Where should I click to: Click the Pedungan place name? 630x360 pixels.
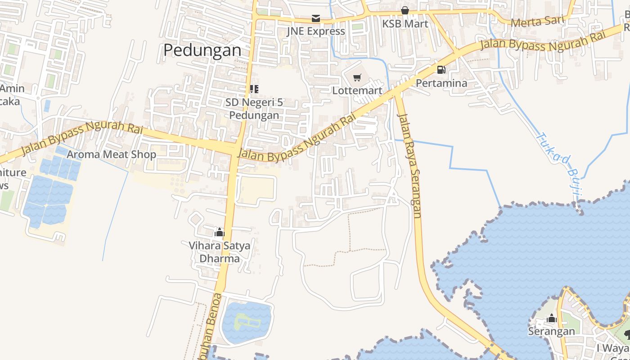(202, 50)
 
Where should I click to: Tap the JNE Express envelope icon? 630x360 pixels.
(316, 18)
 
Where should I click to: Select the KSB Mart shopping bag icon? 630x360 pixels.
(405, 10)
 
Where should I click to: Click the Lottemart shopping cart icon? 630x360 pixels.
(357, 78)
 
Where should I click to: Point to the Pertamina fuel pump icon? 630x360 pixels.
(441, 70)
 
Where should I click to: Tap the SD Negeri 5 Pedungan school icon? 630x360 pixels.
(254, 89)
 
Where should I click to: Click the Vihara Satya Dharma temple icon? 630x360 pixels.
(220, 232)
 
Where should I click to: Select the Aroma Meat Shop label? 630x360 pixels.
(112, 154)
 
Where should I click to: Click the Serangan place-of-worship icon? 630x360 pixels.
(552, 319)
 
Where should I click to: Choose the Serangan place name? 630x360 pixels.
(551, 332)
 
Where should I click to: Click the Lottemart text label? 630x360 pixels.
(357, 90)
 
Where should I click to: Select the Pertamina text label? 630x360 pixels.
(441, 83)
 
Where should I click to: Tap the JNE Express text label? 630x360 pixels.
(316, 31)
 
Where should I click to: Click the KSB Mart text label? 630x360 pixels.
(405, 23)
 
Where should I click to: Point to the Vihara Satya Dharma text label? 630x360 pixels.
(220, 252)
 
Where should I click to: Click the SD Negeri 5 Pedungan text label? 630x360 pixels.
(254, 109)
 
